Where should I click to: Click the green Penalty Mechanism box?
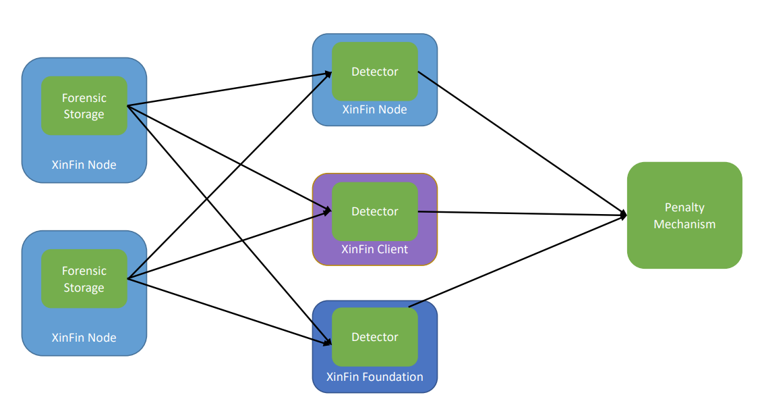684,215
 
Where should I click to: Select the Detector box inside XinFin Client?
375,211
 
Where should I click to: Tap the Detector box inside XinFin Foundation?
375,337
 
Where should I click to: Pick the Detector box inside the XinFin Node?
375,72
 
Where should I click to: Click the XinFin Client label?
375,250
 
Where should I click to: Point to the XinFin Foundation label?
375,377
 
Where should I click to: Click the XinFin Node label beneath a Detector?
375,109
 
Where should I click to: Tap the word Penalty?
684,208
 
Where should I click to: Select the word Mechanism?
684,224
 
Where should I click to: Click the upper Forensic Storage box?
84,106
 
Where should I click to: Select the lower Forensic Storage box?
84,279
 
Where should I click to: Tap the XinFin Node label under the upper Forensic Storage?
84,165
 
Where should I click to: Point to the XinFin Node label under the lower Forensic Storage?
84,338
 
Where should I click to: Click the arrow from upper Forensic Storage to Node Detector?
229,89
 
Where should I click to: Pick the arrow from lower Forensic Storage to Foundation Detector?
229,311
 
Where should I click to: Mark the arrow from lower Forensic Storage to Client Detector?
229,244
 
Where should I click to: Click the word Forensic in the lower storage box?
84,271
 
